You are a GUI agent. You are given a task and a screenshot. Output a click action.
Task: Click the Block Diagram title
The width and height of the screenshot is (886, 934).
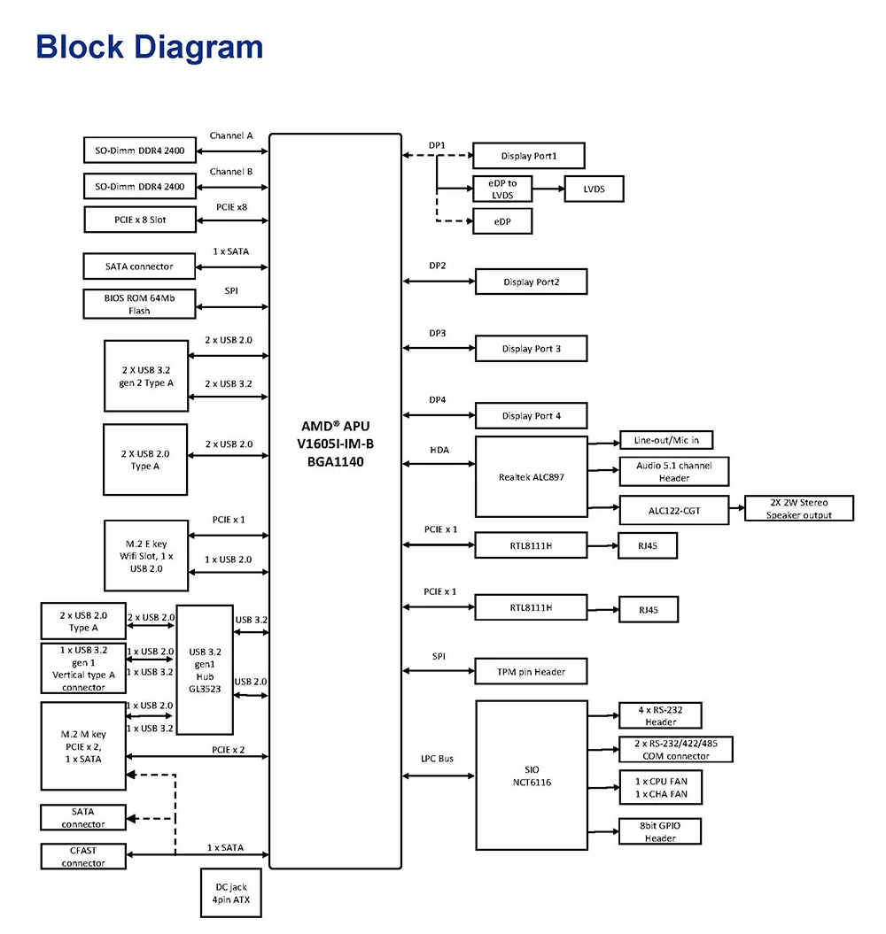point(150,47)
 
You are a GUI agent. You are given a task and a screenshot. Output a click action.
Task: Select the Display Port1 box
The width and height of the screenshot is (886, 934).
point(528,156)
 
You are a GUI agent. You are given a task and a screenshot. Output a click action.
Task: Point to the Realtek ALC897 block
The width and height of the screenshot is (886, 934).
point(531,476)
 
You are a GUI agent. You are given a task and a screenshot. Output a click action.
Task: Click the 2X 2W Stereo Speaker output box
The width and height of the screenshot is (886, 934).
point(799,508)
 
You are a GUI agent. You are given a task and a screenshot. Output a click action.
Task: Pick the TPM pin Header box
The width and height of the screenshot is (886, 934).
point(531,672)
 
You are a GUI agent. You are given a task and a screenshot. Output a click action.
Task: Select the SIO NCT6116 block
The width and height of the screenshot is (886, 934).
point(531,775)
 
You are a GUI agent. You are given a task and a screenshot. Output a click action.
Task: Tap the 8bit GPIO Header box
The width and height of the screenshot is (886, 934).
point(660,832)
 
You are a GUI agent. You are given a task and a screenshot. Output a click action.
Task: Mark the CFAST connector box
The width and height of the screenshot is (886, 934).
point(83,856)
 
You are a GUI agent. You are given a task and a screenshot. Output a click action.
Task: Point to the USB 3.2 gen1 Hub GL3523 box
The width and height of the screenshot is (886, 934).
point(205,669)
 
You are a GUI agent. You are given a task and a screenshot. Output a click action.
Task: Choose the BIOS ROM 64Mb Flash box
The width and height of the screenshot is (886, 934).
point(140,304)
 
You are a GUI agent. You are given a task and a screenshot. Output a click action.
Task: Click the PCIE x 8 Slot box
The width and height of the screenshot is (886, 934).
point(140,219)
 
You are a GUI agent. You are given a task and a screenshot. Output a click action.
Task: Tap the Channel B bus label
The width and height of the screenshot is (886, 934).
point(231,172)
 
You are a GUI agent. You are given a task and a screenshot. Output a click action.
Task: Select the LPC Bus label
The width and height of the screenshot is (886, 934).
point(438,759)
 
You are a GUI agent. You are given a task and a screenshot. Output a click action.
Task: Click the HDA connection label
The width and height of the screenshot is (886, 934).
point(439,450)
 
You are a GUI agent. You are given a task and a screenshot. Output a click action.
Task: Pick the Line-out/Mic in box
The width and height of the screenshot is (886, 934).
point(665,440)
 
